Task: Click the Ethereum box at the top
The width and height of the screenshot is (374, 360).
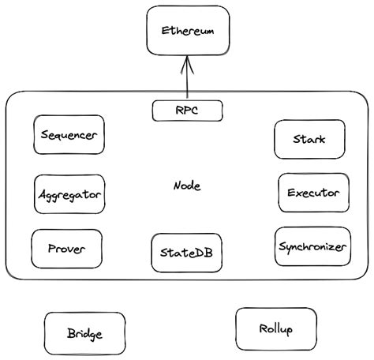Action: point(187,32)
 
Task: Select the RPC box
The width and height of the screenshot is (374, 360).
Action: point(187,111)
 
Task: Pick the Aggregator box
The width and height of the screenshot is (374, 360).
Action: point(69,193)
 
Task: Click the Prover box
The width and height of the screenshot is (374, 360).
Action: point(67,249)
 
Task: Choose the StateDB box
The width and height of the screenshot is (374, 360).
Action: point(187,253)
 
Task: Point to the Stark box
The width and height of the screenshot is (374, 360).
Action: point(309,140)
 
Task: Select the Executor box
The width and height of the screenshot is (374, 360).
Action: point(313,193)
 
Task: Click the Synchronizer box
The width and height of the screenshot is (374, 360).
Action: point(312,247)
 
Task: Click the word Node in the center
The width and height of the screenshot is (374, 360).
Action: point(187,186)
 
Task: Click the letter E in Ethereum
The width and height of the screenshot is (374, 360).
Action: point(165,32)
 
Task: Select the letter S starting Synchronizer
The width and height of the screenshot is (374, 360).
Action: point(282,247)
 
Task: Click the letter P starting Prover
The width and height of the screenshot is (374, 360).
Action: point(51,249)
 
